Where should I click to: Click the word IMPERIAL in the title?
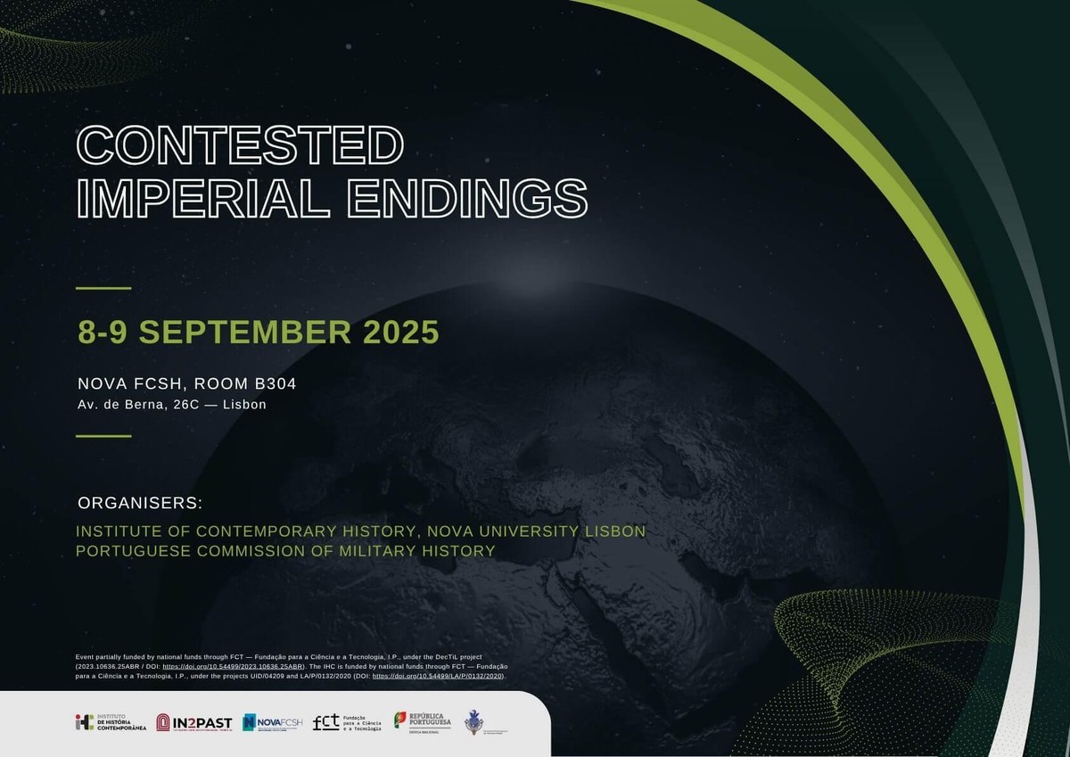(x=202, y=198)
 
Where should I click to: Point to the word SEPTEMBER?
(x=245, y=332)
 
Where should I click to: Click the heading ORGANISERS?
(x=140, y=501)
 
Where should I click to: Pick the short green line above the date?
(x=103, y=288)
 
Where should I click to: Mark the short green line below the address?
(x=103, y=436)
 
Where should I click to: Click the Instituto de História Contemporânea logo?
(x=110, y=722)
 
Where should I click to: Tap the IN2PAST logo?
(x=194, y=722)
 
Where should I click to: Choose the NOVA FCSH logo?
(x=272, y=722)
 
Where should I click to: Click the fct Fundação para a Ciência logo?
(x=347, y=722)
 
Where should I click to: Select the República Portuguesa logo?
(x=423, y=722)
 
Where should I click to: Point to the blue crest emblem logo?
(x=476, y=721)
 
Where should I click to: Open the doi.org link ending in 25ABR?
(x=233, y=666)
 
